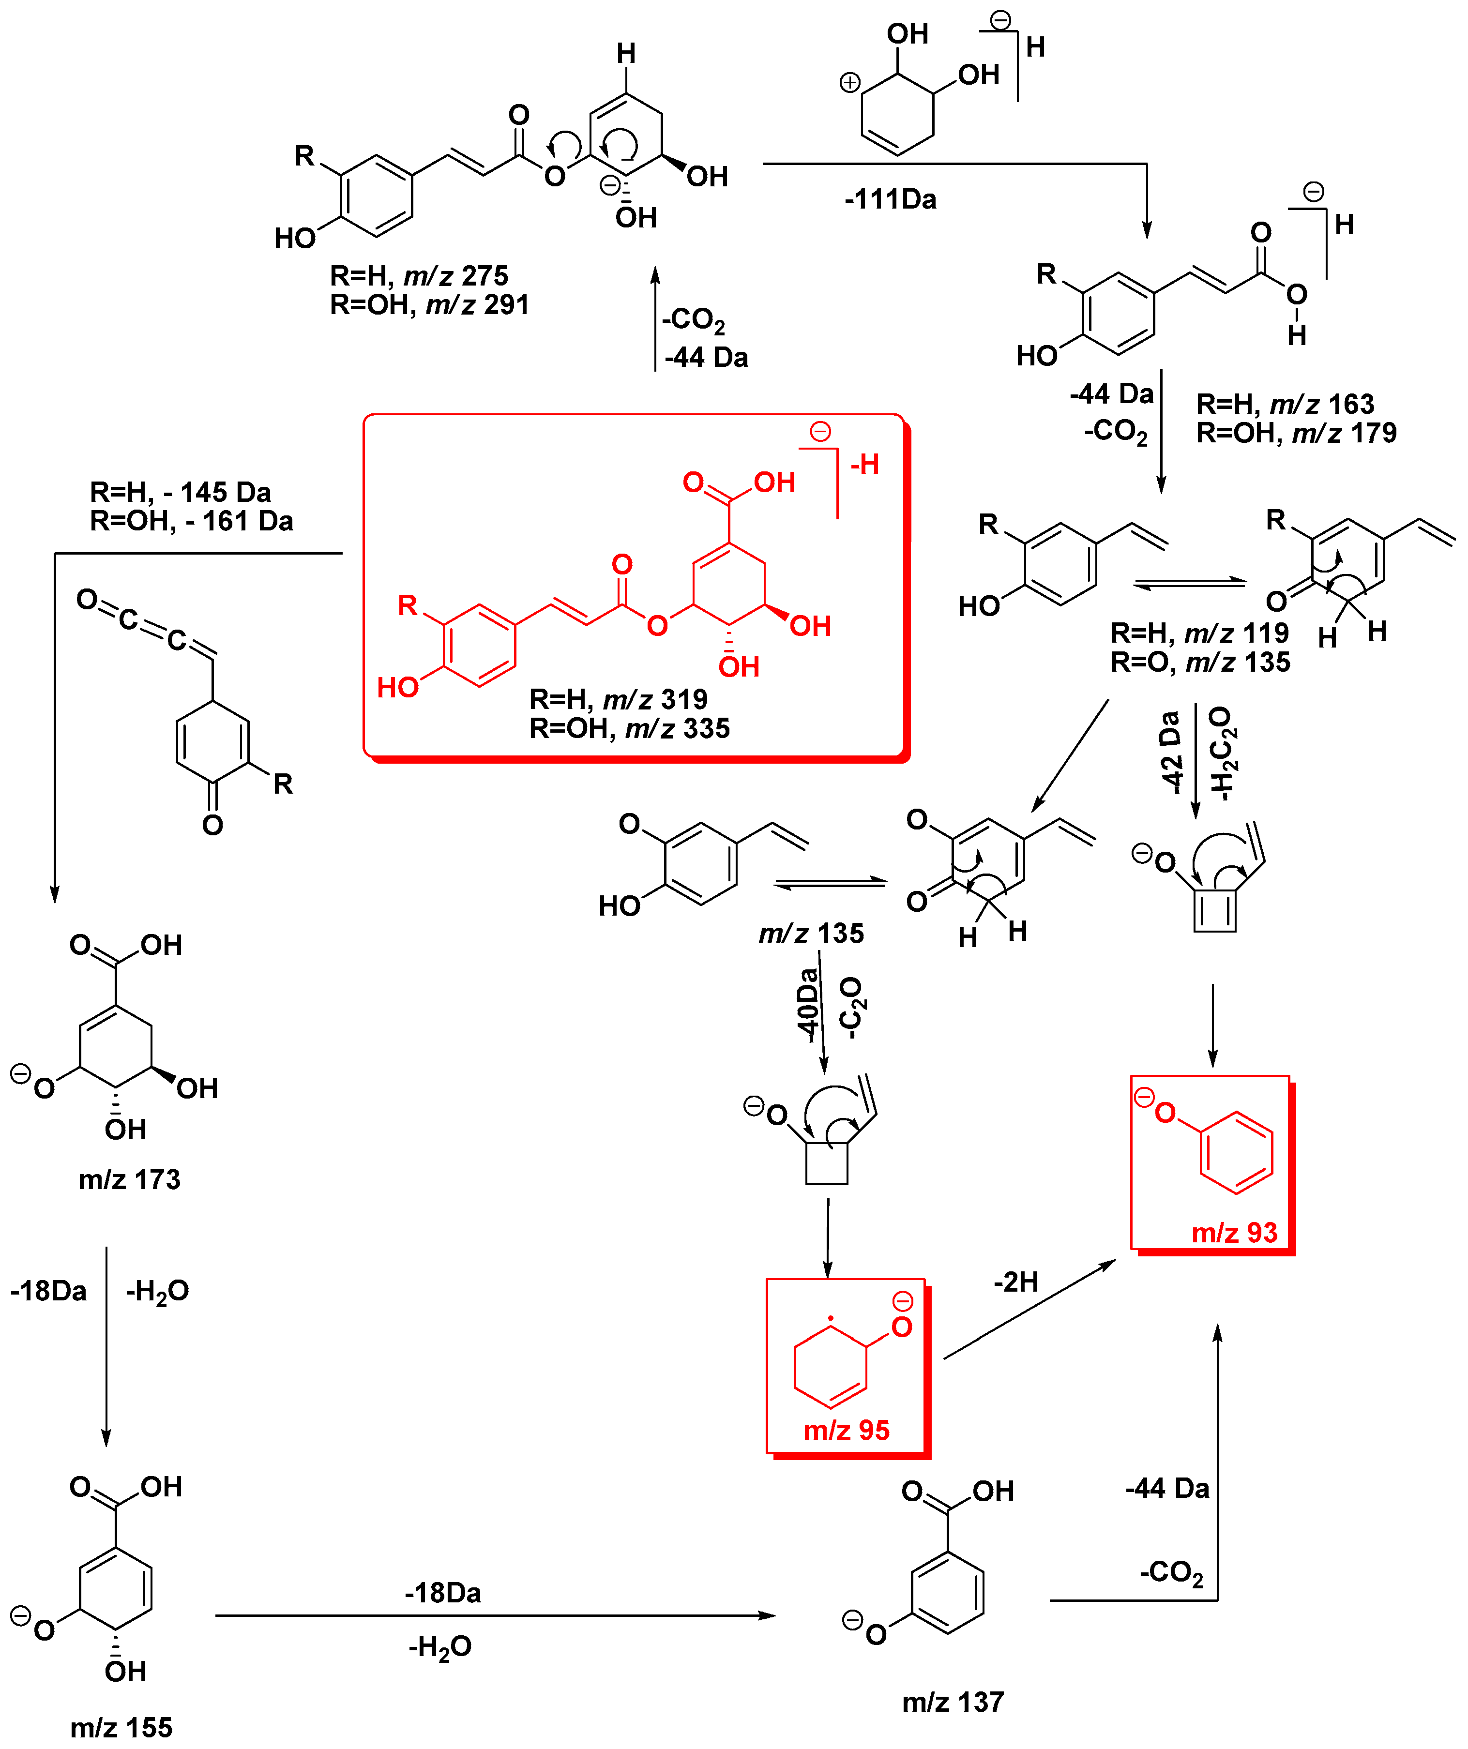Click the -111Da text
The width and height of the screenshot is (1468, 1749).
pos(890,200)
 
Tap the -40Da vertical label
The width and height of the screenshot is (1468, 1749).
pos(806,1006)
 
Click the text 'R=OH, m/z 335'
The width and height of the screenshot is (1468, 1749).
pos(629,729)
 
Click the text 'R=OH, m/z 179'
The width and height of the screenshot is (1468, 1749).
pos(1296,433)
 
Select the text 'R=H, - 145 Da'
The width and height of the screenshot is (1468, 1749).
pos(180,492)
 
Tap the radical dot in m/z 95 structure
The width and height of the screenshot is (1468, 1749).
pos(830,1318)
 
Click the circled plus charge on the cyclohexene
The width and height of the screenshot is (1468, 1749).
pos(849,82)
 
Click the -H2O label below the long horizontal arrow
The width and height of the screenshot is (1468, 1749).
pos(440,1646)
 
